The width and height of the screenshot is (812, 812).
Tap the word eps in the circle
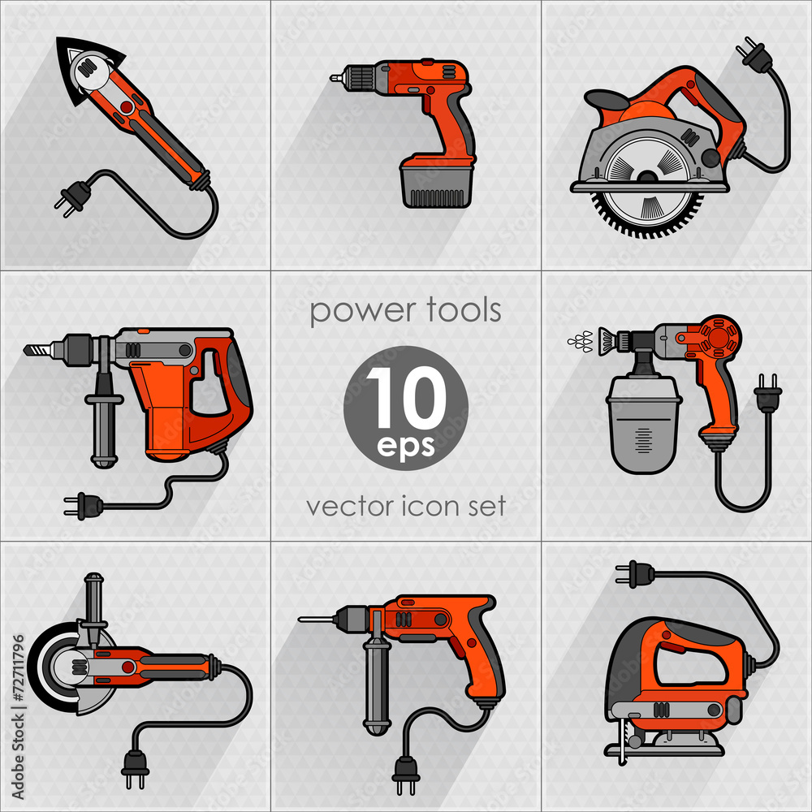click(x=406, y=446)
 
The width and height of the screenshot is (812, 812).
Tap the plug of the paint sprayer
click(x=767, y=394)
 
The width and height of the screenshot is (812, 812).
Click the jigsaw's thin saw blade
click(x=623, y=743)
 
